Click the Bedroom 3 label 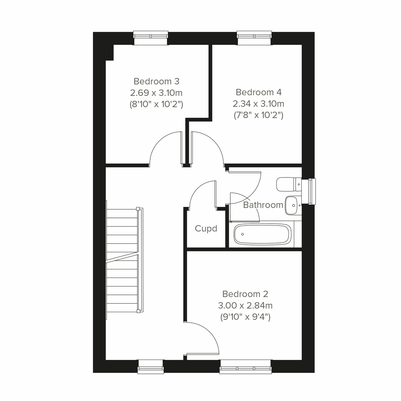point(156,81)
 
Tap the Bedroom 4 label point(259,92)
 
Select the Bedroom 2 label point(245,294)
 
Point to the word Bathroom point(263,205)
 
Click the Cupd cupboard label point(206,229)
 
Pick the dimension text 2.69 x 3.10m point(156,93)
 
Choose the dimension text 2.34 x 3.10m point(259,104)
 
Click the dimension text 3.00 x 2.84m point(245,305)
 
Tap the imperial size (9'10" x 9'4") point(245,317)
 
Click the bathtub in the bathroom point(262,234)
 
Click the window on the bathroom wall point(311,192)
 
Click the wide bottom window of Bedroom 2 point(246,366)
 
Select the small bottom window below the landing point(150,366)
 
